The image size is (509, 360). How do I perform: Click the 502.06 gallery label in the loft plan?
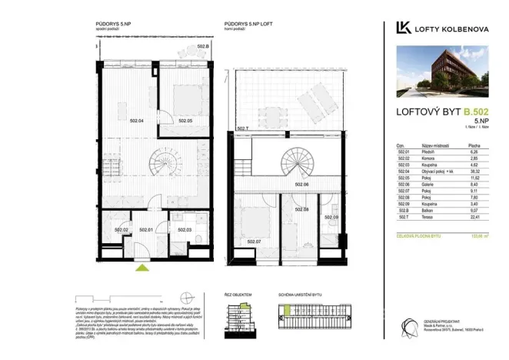pyautogui.click(x=302, y=185)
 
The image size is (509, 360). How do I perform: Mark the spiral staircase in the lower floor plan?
pyautogui.click(x=164, y=164)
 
